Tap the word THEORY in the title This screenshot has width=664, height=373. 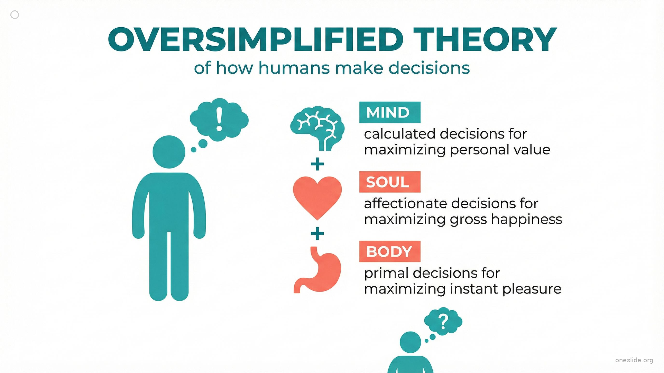click(485, 39)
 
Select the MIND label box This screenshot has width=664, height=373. click(390, 112)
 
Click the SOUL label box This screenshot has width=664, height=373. click(390, 182)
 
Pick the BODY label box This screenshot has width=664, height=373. click(390, 251)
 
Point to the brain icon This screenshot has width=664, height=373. click(317, 128)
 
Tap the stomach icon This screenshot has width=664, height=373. click(317, 269)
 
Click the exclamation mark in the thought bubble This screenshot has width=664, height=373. click(219, 119)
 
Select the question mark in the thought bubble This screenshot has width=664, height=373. click(443, 322)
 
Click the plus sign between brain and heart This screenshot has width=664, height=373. click(317, 164)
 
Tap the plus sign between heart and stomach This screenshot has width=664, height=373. click(317, 234)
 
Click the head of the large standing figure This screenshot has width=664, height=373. click(169, 152)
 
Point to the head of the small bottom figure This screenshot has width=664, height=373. click(411, 342)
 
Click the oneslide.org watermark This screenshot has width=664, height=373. click(634, 360)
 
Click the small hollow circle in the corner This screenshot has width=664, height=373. click(15, 15)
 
